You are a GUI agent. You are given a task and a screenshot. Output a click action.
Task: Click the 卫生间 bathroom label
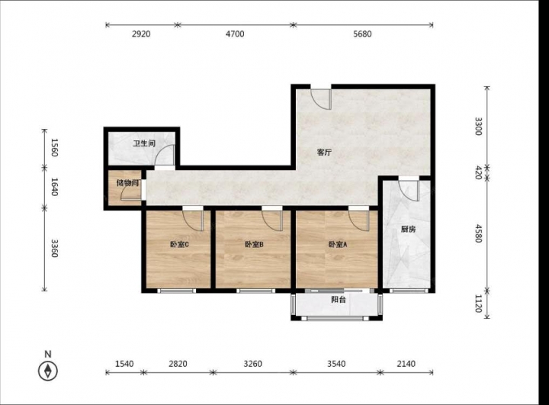coord(144,143)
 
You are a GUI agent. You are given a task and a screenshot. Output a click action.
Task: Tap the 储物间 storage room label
coord(127,183)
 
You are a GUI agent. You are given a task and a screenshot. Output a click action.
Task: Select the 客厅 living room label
coord(324,153)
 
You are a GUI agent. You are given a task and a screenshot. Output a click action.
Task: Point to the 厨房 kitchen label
coord(408,230)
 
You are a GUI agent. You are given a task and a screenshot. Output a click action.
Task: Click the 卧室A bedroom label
coord(338,245)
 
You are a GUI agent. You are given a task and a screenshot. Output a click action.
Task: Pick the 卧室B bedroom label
coord(254,245)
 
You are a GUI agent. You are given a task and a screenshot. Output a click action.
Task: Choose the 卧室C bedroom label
coord(180,245)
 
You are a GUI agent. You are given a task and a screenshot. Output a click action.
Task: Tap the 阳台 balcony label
coord(339,300)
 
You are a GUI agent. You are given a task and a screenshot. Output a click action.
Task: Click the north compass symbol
coord(48,371)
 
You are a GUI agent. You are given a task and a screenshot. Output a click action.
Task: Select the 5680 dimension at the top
coord(362,34)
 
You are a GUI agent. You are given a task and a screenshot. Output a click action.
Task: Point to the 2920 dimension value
coord(141,34)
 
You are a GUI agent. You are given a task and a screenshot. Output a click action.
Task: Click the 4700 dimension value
coord(235,34)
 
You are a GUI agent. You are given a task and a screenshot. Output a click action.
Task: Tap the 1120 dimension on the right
coord(479,304)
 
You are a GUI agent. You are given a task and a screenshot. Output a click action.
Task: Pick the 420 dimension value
coord(479,172)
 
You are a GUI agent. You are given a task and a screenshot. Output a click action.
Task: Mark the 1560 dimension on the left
coord(54,147)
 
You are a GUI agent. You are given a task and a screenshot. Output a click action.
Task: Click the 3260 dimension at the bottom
coord(252,364)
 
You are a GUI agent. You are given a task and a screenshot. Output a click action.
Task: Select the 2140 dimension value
coord(406,364)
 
